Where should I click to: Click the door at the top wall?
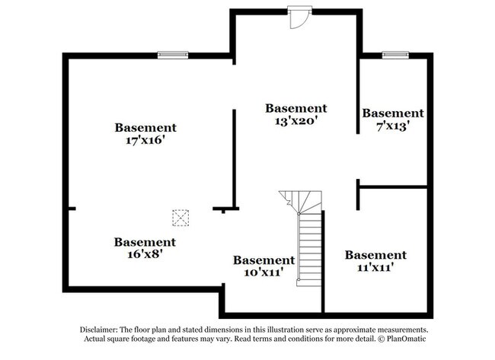[x=299, y=18]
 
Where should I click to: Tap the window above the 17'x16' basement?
[x=173, y=55]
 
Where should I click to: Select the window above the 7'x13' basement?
[x=395, y=55]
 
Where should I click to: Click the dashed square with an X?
[x=180, y=218]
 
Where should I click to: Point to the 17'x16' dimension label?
[x=145, y=140]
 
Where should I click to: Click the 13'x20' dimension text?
[x=295, y=120]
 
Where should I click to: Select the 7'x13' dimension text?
[x=393, y=126]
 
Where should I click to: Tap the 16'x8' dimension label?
[x=145, y=253]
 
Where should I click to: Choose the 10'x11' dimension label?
[x=263, y=272]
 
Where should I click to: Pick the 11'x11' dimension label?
[x=375, y=267]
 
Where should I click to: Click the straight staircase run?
[x=310, y=249]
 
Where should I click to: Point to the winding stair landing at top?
[x=301, y=202]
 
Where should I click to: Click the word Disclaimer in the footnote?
[x=99, y=330]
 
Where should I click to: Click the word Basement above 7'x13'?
[x=393, y=113]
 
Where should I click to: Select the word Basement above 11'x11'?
[x=375, y=255]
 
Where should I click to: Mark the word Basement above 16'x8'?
[x=145, y=242]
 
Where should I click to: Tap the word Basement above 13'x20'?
[x=296, y=108]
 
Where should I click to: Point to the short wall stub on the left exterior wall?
[x=72, y=209]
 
